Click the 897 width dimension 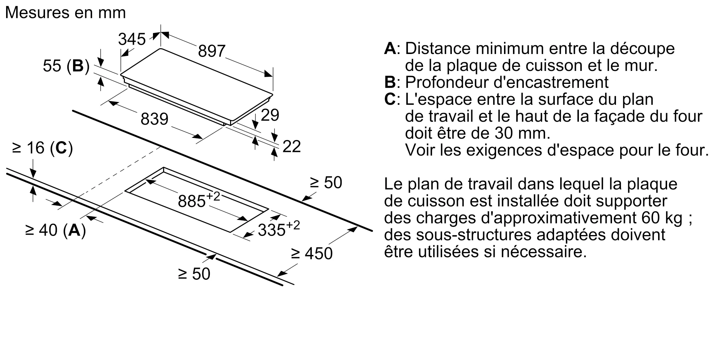(212, 51)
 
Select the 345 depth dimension (132, 39)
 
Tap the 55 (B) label (66, 66)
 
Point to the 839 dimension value (154, 119)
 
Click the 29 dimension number (270, 115)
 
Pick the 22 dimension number (292, 147)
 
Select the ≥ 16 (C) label (42, 148)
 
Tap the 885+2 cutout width (198, 200)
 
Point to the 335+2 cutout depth (278, 229)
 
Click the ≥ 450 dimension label (312, 253)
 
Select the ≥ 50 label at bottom (194, 274)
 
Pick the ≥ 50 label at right (326, 183)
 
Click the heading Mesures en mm (66, 13)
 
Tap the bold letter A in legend (390, 49)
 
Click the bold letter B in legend (390, 82)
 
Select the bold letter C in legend (390, 99)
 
